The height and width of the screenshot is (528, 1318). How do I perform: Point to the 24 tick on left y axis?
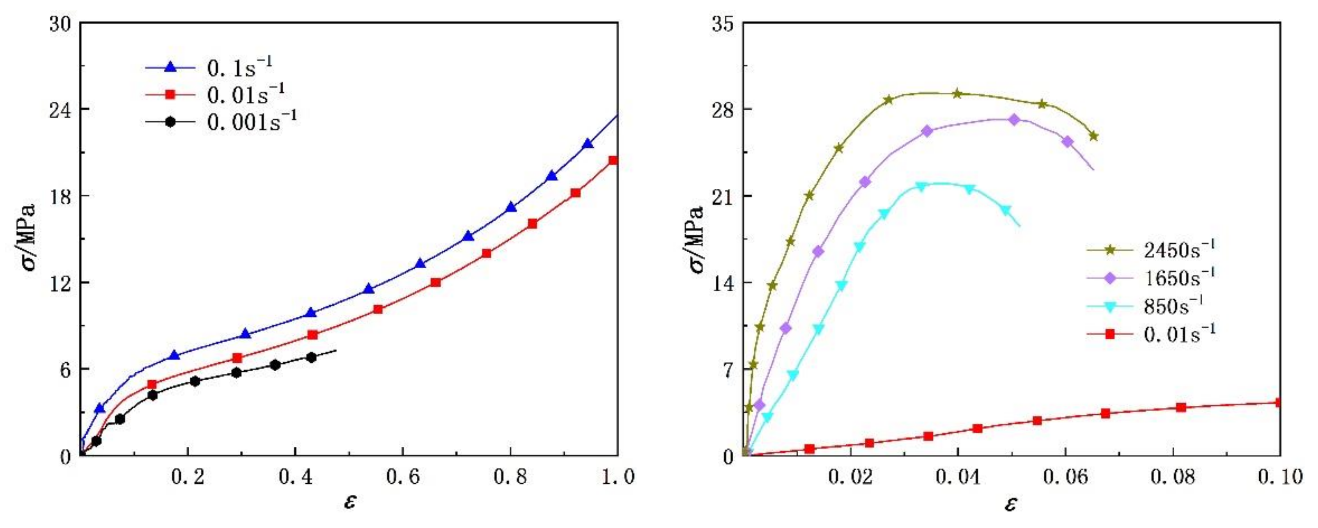[x=60, y=110]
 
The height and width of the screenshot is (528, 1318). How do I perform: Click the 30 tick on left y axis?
[x=60, y=23]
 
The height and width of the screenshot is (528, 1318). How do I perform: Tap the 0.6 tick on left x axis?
[x=403, y=478]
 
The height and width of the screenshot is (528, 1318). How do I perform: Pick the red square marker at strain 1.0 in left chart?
[x=613, y=160]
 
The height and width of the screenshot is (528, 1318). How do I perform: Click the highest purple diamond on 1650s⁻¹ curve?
[x=1015, y=120]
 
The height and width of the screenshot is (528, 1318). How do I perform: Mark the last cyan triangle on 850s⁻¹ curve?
[x=1006, y=210]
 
